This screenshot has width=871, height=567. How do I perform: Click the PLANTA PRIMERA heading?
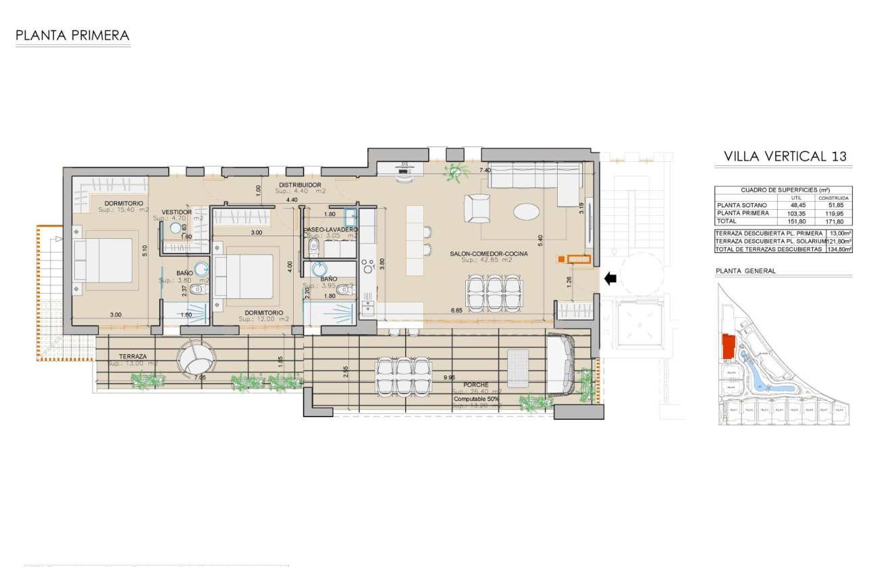click(72, 35)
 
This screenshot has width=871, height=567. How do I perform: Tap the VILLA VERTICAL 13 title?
click(785, 156)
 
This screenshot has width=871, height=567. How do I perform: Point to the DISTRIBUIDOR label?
click(300, 185)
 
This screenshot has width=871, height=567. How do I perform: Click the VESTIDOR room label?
click(178, 212)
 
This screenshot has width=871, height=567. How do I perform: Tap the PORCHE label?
click(475, 385)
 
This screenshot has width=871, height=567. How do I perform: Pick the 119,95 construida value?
click(835, 213)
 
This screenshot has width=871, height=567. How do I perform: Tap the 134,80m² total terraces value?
click(839, 249)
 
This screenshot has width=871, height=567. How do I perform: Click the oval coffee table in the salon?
click(527, 212)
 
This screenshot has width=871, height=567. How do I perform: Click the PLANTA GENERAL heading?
click(745, 271)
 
